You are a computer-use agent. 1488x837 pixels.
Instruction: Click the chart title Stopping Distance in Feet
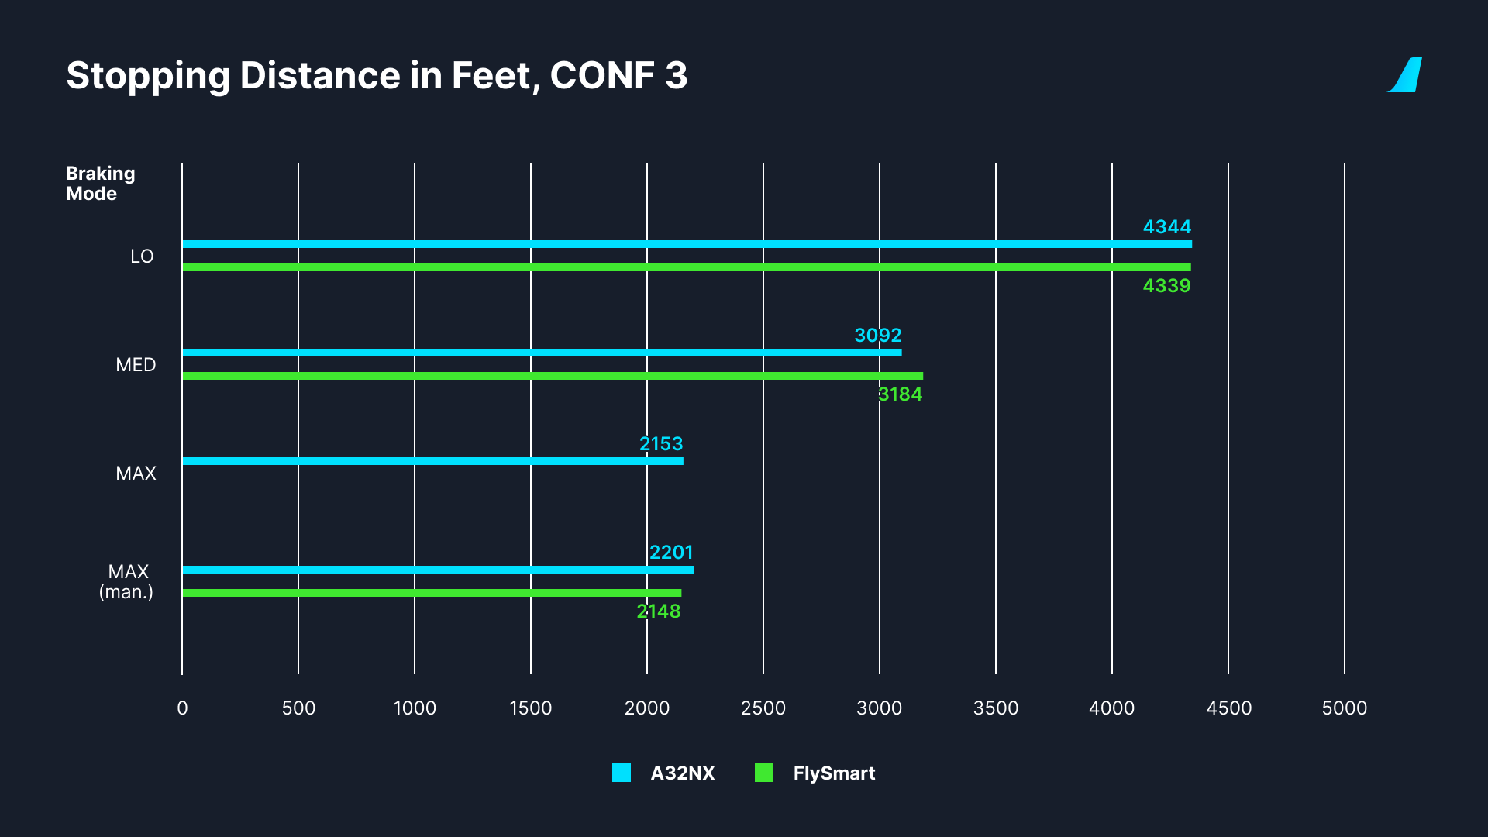[x=377, y=76]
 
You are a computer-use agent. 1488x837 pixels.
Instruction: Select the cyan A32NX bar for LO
[x=687, y=244]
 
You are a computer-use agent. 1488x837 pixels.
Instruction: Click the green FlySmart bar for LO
[x=687, y=267]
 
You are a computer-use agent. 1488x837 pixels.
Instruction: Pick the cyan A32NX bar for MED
[x=542, y=353]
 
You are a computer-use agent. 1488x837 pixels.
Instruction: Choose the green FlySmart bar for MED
[x=553, y=376]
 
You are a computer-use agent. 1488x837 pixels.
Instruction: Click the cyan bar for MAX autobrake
[x=432, y=461]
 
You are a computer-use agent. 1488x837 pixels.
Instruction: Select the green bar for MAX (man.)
[x=432, y=593]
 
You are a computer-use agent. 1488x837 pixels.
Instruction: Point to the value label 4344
[x=1166, y=227]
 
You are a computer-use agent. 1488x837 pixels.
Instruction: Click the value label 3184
[x=900, y=394]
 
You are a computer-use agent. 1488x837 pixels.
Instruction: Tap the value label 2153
[x=661, y=444]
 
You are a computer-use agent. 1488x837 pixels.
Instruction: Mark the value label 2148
[x=659, y=611]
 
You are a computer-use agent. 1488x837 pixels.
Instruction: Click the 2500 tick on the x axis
[x=763, y=708]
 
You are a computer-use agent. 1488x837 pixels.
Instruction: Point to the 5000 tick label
[x=1344, y=708]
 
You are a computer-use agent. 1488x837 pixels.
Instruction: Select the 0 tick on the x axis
[x=182, y=708]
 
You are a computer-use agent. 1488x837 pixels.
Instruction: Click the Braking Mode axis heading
[x=100, y=184]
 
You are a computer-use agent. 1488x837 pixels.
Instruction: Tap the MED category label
[x=136, y=365]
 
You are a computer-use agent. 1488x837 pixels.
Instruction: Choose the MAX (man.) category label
[x=127, y=582]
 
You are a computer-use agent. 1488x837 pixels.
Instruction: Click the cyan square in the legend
[x=622, y=773]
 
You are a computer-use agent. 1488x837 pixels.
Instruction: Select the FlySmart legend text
[x=834, y=773]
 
